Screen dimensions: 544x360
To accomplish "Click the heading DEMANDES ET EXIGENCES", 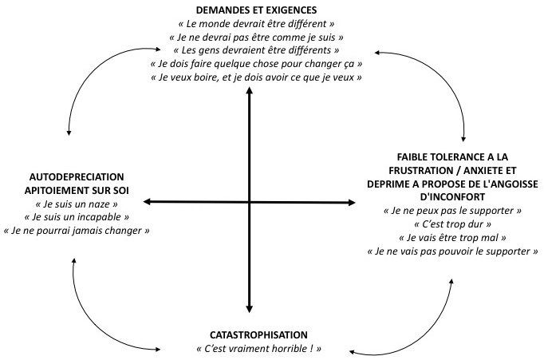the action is coord(256,10).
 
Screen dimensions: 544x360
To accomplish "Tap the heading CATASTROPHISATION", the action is coord(258,335).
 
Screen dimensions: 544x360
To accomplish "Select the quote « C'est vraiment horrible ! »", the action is coord(258,349).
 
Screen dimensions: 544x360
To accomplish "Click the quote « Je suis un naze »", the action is coord(77,204).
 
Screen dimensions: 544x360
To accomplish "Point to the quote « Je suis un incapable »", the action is coord(77,217).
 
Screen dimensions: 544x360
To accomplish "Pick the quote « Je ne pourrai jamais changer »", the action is coord(77,231).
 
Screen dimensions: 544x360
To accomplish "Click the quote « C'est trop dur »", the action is coord(452,224).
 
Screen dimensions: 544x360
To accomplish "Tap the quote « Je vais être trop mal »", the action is coord(452,238).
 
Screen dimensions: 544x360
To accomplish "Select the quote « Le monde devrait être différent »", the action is coord(256,24).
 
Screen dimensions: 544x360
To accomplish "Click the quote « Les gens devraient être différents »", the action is coord(256,50).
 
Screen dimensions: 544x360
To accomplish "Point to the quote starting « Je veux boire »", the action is coord(256,77).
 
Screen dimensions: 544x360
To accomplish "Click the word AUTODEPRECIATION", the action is coord(77,177).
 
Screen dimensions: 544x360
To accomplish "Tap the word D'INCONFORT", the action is coord(452,197).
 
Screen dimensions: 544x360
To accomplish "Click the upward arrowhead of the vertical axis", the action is coord(249,90).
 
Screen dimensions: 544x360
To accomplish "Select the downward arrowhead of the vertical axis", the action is coord(249,309).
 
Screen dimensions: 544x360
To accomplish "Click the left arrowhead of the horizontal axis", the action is coord(147,201).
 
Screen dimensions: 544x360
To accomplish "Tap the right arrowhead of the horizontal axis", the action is coord(352,203).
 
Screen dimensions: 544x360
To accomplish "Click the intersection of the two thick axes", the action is coord(249,202).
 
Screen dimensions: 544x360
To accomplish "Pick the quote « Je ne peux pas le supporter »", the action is coord(452,211).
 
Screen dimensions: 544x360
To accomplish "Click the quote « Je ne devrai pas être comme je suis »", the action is coord(256,38).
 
